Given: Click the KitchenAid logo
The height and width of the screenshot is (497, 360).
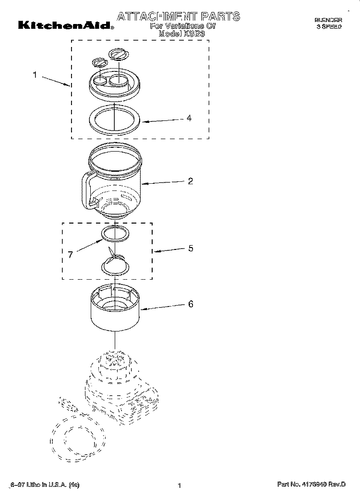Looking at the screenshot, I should pyautogui.click(x=66, y=25).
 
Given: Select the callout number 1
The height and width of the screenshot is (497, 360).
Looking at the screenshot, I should pyautogui.click(x=35, y=74).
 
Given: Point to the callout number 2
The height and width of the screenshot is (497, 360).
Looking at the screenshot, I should pyautogui.click(x=191, y=181).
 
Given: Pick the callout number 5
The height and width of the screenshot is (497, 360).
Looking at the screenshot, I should pyautogui.click(x=191, y=248).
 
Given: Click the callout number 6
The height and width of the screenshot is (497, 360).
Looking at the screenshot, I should pyautogui.click(x=191, y=304).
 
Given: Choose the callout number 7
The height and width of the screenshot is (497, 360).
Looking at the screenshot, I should pyautogui.click(x=71, y=255).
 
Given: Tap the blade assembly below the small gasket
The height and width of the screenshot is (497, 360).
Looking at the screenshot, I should pyautogui.click(x=115, y=263).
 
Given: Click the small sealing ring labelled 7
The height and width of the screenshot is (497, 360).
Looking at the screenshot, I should pyautogui.click(x=115, y=234).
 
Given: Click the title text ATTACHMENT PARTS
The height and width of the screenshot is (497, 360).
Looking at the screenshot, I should pyautogui.click(x=179, y=17).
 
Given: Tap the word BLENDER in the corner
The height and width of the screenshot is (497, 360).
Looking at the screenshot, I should pyautogui.click(x=328, y=20).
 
